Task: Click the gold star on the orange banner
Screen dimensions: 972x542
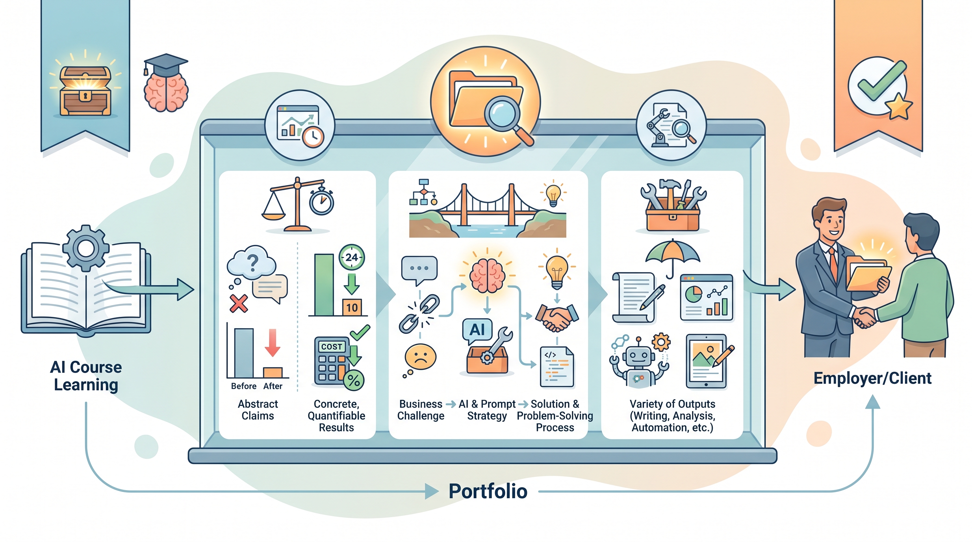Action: tap(900, 106)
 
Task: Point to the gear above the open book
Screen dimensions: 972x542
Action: tap(86, 248)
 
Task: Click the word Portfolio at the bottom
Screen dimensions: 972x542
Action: tap(488, 491)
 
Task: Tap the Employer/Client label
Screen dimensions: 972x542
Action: tap(872, 378)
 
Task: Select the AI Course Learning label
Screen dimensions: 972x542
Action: tap(86, 376)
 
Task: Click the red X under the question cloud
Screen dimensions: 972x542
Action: tap(239, 303)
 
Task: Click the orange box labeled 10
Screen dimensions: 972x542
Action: tap(352, 307)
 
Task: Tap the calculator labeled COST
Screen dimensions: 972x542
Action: tap(332, 361)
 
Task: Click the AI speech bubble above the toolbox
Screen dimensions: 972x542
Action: tap(477, 331)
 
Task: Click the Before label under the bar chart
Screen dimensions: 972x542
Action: tap(244, 386)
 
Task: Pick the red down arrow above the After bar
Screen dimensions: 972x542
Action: tap(272, 342)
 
